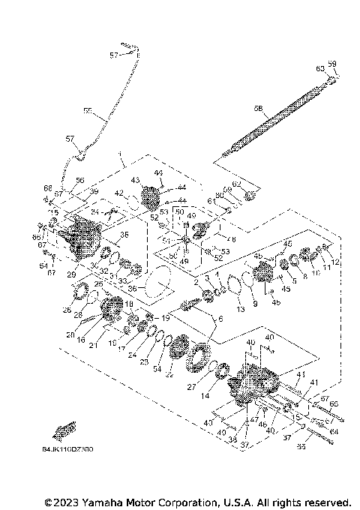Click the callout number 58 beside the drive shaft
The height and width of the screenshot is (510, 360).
258,108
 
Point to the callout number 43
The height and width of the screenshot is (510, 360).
136,180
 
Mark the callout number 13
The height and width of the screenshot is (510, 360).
240,309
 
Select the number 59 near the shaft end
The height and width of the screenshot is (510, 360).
332,64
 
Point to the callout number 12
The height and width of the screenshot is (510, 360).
336,262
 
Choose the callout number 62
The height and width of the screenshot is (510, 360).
236,184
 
